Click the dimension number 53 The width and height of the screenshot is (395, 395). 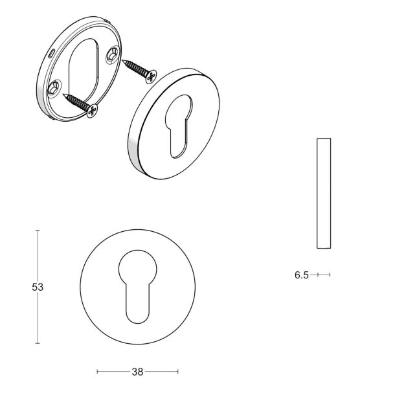click(x=37, y=287)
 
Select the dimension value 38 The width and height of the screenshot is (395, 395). click(x=137, y=372)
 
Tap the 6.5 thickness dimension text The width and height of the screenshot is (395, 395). click(x=301, y=275)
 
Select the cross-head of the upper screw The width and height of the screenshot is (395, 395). click(x=152, y=77)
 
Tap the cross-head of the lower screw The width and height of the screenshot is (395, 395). click(x=92, y=111)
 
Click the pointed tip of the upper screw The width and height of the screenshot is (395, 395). click(x=120, y=60)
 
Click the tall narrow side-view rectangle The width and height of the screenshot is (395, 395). click(x=324, y=193)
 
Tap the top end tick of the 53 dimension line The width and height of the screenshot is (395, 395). click(x=38, y=230)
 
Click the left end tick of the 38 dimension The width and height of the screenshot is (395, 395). click(x=97, y=372)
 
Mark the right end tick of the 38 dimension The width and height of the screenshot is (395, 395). click(x=178, y=372)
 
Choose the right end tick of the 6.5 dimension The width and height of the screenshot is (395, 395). click(x=330, y=275)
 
